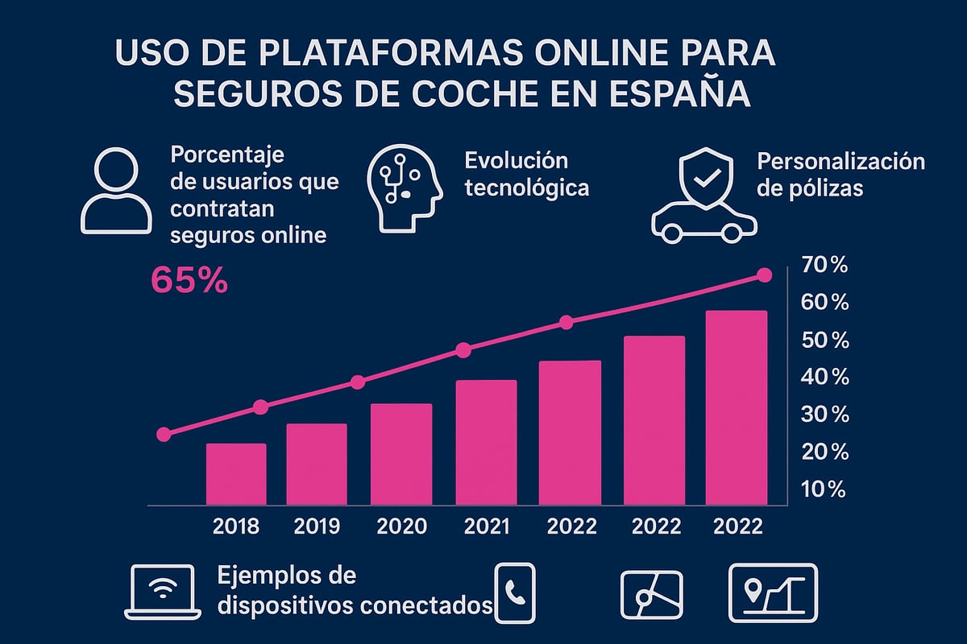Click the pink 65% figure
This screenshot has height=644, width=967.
(189, 281)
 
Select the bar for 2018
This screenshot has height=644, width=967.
(236, 474)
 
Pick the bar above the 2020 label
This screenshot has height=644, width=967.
(400, 454)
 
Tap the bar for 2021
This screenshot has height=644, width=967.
(486, 443)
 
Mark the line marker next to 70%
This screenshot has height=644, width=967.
(765, 275)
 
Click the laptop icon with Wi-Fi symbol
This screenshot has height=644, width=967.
(164, 592)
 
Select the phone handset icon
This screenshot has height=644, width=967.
(514, 592)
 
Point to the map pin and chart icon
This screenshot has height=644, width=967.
(772, 592)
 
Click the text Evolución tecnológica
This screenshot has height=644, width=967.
(525, 174)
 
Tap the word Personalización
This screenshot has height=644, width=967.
(840, 160)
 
